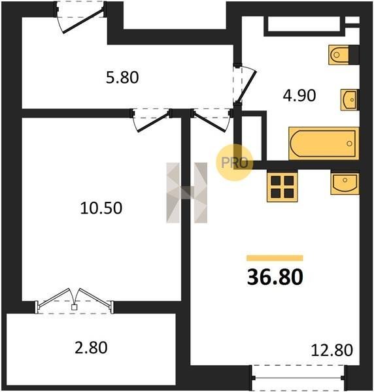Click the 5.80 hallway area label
(x=122, y=77)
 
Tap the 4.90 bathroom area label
(x=299, y=95)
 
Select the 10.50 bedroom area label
(x=101, y=208)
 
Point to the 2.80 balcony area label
(x=91, y=348)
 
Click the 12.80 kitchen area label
(x=331, y=350)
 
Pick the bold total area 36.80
(x=275, y=277)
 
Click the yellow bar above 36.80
(x=275, y=258)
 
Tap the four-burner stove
(x=282, y=186)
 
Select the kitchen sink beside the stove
(x=345, y=184)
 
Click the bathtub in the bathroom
(x=324, y=144)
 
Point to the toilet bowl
(x=339, y=55)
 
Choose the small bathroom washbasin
(x=350, y=100)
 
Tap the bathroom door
(x=245, y=84)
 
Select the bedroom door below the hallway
(x=150, y=120)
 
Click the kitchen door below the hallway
(x=212, y=120)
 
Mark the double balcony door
(x=75, y=301)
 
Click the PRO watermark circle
(x=235, y=163)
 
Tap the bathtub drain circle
(x=350, y=144)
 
